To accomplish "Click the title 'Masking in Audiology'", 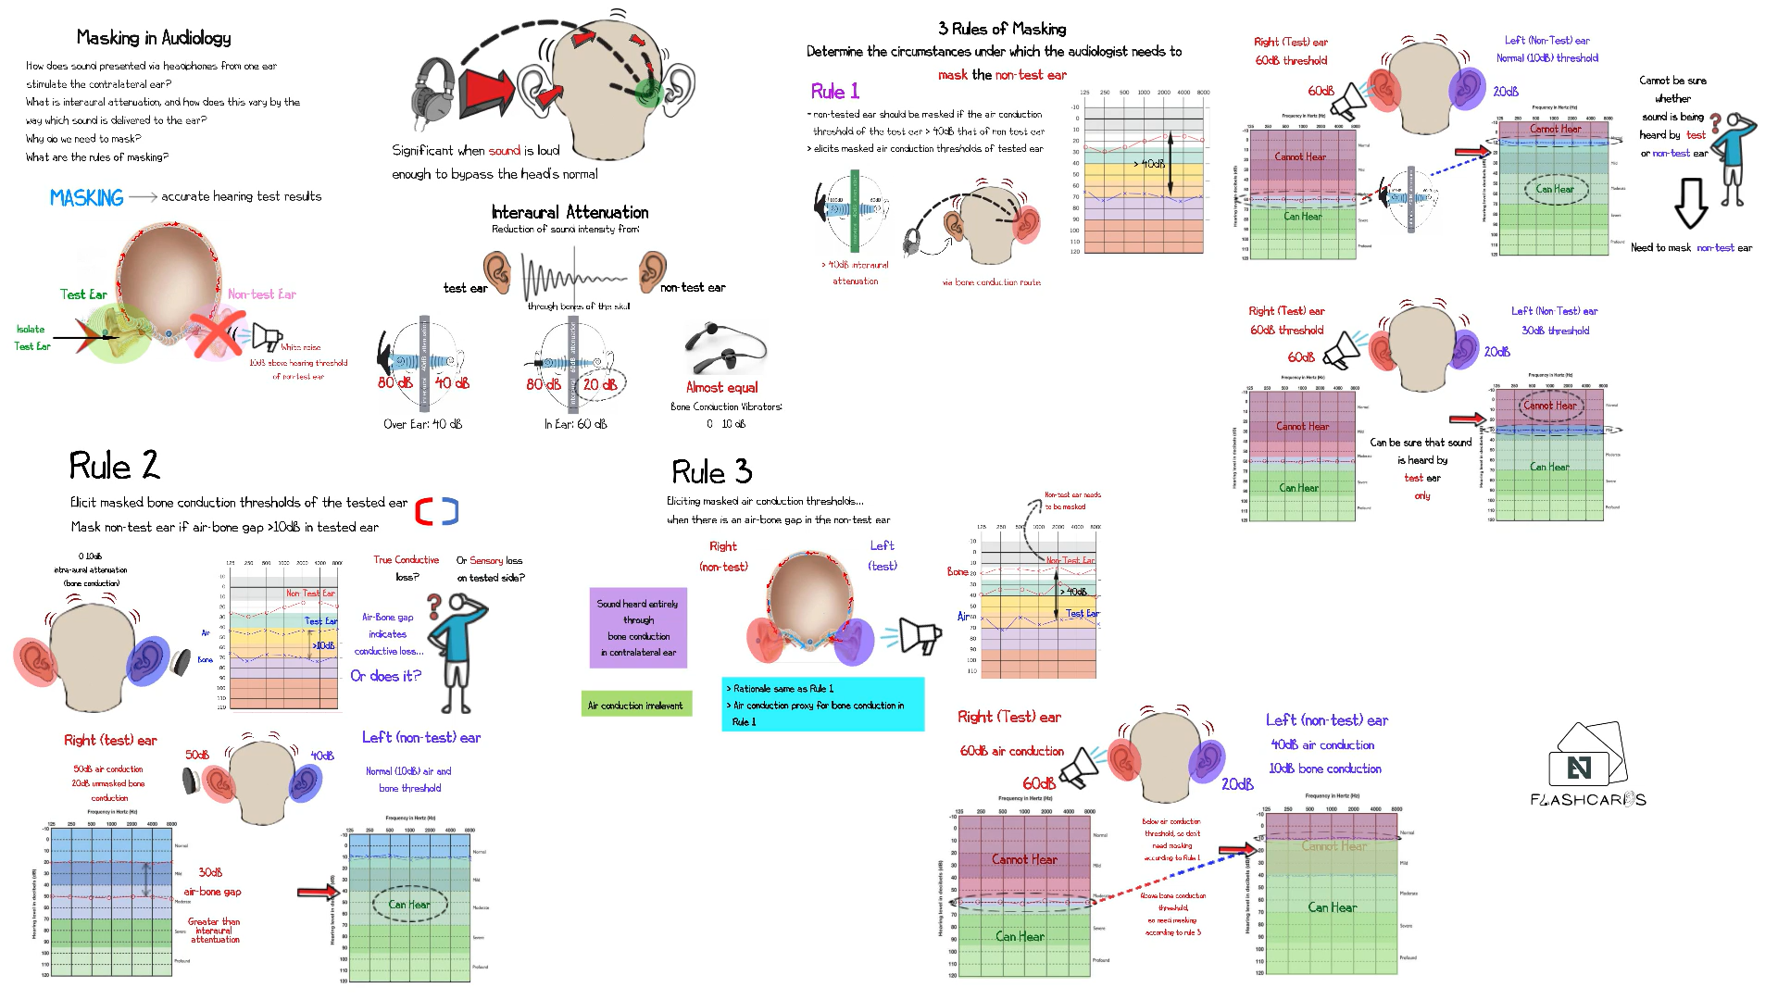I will pyautogui.click(x=154, y=38).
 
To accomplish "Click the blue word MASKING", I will pyautogui.click(x=86, y=198).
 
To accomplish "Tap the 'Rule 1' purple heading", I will pyautogui.click(x=834, y=92).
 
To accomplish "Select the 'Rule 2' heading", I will pyautogui.click(x=114, y=466).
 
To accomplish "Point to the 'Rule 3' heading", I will pyautogui.click(x=711, y=472).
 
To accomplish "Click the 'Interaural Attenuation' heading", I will pyautogui.click(x=570, y=212).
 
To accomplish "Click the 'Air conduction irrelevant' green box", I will pyautogui.click(x=635, y=706).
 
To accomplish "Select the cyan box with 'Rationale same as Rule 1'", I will pyautogui.click(x=822, y=705).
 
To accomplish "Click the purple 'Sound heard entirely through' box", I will pyautogui.click(x=638, y=628).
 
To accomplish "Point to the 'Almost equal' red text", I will pyautogui.click(x=721, y=388).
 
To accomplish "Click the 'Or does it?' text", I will pyautogui.click(x=385, y=676).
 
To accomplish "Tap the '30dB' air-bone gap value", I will pyautogui.click(x=210, y=872).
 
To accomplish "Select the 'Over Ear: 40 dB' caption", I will pyautogui.click(x=422, y=424).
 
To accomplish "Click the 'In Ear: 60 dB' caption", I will pyautogui.click(x=575, y=424).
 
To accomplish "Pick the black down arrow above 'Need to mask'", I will pyautogui.click(x=1691, y=203).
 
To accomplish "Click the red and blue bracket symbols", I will pyautogui.click(x=436, y=511).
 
